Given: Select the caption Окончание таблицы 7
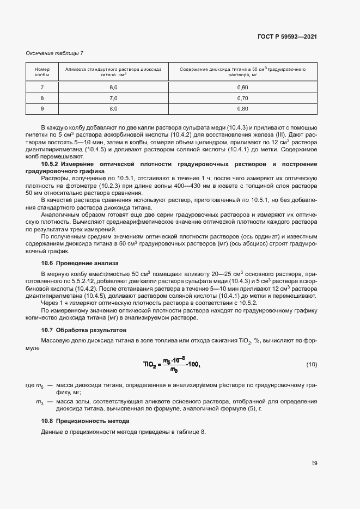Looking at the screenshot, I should point(54,53).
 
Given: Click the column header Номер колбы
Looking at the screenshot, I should point(42,73).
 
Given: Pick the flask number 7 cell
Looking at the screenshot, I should point(42,88).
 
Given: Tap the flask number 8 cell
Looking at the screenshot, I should point(42,98).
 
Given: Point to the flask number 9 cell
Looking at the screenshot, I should point(42,109).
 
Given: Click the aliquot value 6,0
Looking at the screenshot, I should point(113,88).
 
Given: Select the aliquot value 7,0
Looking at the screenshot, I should point(113,98).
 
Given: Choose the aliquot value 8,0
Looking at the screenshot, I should point(113,109).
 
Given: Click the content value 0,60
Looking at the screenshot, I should point(242,88).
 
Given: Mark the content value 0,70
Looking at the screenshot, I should point(242,98).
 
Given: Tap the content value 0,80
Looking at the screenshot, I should point(242,109).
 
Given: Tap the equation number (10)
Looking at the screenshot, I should point(311,364).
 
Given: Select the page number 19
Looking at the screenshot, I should point(314,463).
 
